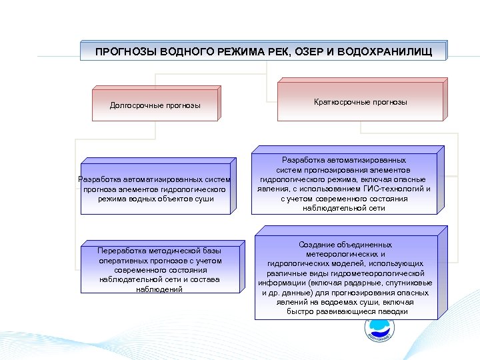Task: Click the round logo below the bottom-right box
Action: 379,331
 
